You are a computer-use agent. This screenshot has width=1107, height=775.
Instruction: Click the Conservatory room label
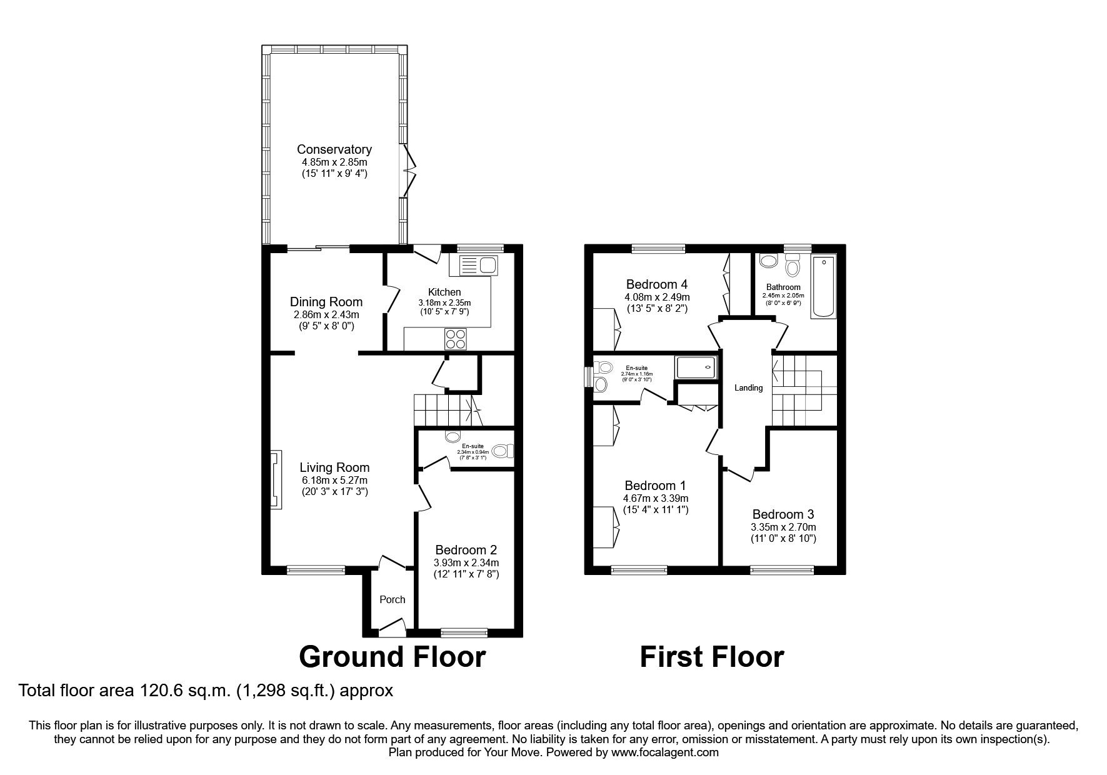[334, 149]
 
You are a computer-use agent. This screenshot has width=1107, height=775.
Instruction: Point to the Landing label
[748, 388]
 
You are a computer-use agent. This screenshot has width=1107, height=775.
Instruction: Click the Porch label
[393, 599]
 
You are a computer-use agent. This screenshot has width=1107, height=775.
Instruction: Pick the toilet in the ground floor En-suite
[502, 451]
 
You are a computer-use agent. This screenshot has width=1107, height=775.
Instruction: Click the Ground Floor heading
[392, 657]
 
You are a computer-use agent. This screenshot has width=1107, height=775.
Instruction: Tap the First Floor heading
[711, 657]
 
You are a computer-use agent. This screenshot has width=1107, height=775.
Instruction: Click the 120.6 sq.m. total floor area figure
[169, 691]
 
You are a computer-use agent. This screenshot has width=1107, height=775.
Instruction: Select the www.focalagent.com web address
[665, 752]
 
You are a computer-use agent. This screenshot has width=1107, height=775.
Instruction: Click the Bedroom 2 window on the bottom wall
[464, 632]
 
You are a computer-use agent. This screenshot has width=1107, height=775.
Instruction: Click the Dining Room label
[326, 302]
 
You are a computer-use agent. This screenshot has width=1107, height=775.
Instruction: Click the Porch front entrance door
[393, 628]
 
